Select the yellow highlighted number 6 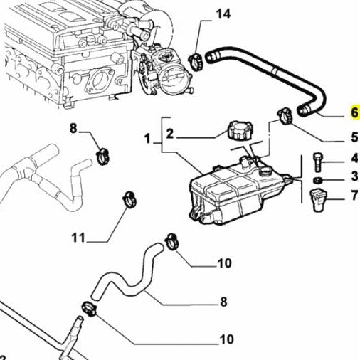pos(354,113)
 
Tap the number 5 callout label pos(354,138)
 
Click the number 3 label pos(354,176)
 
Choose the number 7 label pos(354,194)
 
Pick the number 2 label pos(170,133)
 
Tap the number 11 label pos(78,237)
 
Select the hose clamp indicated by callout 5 pos(286,112)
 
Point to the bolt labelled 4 pos(318,161)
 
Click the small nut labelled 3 pos(319,179)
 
